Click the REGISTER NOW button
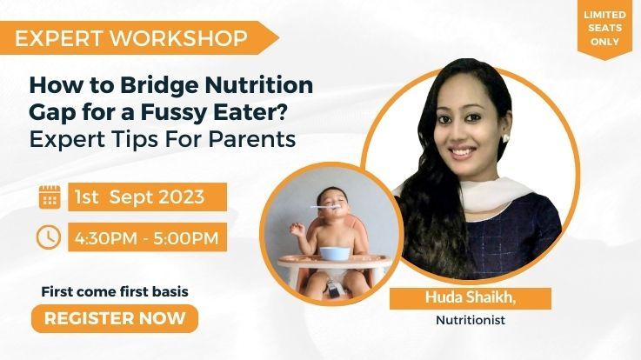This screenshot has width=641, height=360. click(115, 318)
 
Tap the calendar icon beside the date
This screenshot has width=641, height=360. click(50, 197)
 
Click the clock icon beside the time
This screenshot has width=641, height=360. click(49, 237)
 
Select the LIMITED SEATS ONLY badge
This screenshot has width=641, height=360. click(604, 28)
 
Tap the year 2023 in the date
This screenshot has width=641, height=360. click(181, 197)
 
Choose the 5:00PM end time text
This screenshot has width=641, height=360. click(186, 238)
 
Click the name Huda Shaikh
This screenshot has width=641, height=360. click(471, 297)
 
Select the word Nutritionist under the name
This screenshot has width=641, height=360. click(471, 319)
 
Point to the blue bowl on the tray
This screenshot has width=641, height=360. click(335, 253)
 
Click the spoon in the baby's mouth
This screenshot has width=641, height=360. click(325, 208)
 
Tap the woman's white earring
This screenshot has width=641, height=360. click(505, 137)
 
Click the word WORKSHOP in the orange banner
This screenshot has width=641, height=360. click(179, 38)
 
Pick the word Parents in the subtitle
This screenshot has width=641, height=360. click(252, 139)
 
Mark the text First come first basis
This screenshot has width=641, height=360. click(115, 292)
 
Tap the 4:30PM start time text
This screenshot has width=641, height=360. click(106, 238)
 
